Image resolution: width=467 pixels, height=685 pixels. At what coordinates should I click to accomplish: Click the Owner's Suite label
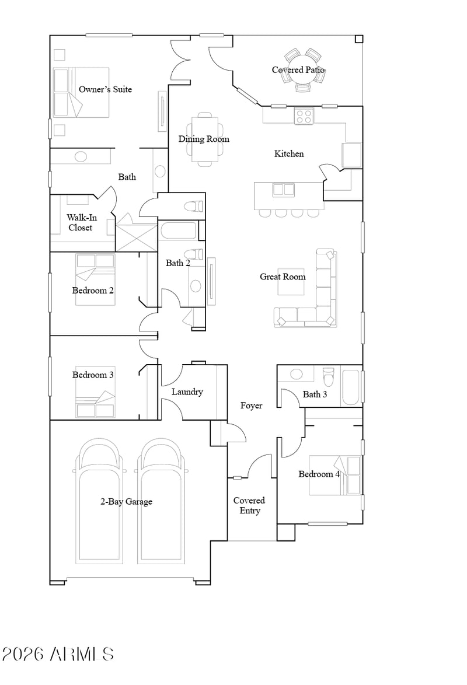point(106,89)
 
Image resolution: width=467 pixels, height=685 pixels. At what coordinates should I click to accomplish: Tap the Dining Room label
point(204,139)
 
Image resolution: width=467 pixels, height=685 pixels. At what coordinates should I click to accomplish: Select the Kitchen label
point(289,154)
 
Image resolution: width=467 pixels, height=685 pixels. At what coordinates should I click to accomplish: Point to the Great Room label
point(283,277)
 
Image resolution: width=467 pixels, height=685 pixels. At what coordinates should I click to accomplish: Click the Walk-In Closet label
point(81,222)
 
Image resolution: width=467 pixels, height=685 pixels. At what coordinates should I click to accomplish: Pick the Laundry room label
point(187,392)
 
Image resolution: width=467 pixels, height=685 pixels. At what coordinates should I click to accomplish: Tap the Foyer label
point(252,406)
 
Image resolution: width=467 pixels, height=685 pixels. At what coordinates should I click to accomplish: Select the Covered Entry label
point(249,505)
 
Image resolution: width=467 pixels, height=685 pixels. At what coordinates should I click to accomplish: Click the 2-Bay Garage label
point(126,502)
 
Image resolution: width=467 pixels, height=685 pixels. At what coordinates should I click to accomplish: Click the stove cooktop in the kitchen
point(304,116)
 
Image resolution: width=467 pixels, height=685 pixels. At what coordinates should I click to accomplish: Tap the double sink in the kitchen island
point(283,190)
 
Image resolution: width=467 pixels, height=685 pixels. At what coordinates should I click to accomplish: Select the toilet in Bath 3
point(328,376)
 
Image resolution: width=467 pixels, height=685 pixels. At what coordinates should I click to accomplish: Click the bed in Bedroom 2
point(95,279)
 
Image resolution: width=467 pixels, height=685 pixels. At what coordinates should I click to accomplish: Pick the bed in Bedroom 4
point(334,476)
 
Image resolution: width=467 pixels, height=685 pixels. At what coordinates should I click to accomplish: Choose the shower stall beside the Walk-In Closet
point(136,238)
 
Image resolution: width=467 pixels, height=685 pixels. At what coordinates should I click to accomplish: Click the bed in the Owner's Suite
point(81,93)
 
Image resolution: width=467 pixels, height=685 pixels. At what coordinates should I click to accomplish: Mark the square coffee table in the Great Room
point(291,282)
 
